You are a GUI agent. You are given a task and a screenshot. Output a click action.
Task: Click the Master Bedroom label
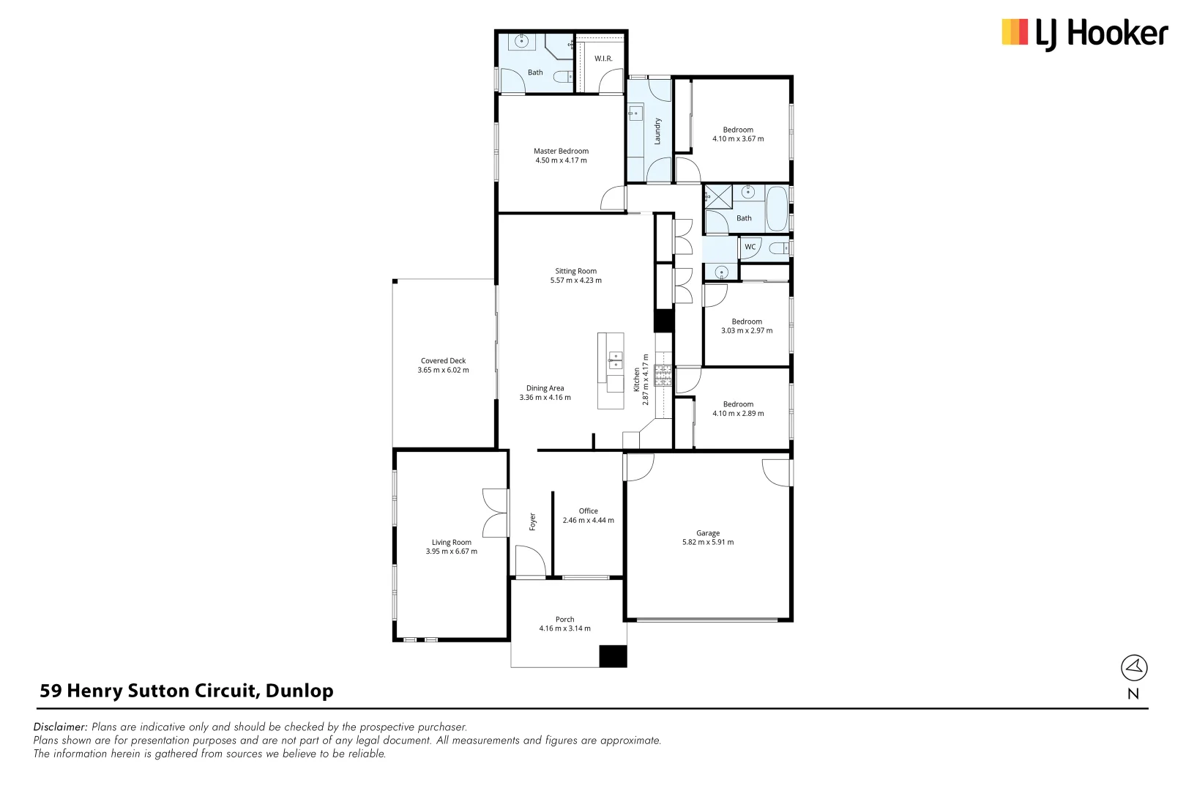click(x=561, y=151)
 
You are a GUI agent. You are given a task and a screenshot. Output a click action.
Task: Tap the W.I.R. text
click(x=603, y=59)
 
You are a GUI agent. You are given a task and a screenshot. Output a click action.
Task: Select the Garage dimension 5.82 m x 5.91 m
click(x=707, y=543)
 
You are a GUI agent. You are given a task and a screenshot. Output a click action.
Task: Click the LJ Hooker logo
click(x=1084, y=34)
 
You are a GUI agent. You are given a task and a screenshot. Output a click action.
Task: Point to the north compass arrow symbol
click(x=1134, y=667)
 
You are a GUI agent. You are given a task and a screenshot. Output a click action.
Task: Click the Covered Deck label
click(x=443, y=360)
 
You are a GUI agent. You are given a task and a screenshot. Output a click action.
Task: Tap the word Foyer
click(x=533, y=521)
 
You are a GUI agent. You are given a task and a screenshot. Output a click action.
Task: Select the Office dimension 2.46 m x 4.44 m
click(x=588, y=521)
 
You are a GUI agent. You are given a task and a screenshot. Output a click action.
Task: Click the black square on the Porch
click(x=613, y=656)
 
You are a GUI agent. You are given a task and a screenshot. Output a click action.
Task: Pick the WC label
click(x=750, y=247)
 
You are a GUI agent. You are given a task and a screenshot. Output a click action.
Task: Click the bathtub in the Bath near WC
click(x=776, y=209)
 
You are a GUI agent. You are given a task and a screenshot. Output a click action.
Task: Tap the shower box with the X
click(x=718, y=197)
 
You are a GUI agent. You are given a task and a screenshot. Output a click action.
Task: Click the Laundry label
click(x=657, y=131)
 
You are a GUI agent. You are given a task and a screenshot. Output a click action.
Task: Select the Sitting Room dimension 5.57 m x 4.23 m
click(x=575, y=281)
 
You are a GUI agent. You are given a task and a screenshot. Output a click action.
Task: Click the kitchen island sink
click(x=616, y=360)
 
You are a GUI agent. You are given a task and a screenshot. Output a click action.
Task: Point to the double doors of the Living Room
click(x=496, y=513)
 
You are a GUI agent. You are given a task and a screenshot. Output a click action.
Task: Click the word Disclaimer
click(x=60, y=727)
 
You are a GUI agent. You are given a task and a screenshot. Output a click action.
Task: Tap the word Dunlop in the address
click(x=299, y=691)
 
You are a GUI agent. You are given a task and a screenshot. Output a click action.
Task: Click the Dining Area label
click(x=545, y=388)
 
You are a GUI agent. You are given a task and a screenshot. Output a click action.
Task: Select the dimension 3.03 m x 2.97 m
click(x=746, y=331)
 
